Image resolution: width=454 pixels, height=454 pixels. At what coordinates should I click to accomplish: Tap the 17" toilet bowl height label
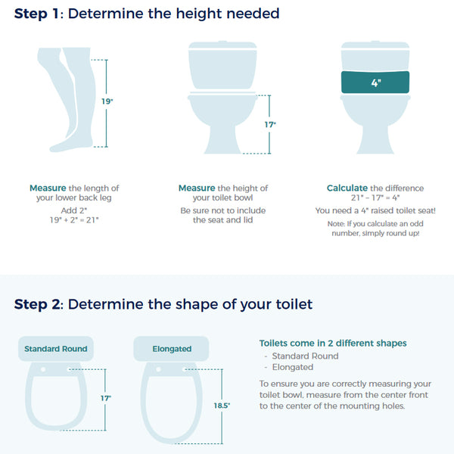tap(270, 124)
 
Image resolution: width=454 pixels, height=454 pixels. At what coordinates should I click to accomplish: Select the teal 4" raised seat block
tap(375, 82)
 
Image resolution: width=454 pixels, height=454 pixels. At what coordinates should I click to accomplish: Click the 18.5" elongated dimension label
tap(222, 406)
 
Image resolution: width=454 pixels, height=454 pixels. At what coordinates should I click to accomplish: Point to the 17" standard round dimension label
tap(107, 397)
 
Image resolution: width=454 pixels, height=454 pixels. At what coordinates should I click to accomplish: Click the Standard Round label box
tap(55, 349)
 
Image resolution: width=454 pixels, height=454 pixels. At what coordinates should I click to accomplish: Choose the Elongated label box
tap(171, 349)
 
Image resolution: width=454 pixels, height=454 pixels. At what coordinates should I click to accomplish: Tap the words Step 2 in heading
tap(38, 304)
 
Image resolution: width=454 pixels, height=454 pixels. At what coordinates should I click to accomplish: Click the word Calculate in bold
tap(347, 188)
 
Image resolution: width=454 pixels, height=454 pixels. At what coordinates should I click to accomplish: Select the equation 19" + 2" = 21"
tap(74, 219)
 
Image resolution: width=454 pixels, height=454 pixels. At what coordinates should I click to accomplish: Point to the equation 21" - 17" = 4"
tap(375, 198)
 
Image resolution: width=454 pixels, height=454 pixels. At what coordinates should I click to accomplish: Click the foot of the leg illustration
tap(61, 142)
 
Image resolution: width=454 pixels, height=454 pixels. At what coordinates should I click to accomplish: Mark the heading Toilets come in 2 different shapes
tap(333, 343)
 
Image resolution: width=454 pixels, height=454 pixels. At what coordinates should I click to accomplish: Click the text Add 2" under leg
tap(74, 209)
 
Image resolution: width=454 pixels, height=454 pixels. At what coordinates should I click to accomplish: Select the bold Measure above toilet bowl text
tap(197, 188)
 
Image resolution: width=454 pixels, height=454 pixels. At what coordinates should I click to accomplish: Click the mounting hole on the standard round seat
tap(44, 368)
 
